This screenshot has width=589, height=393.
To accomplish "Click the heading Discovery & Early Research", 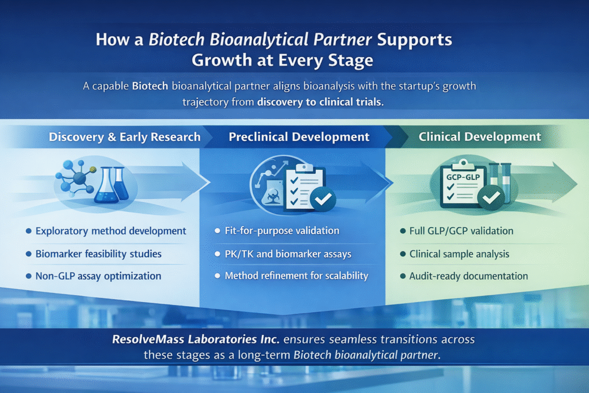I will coord(125,137).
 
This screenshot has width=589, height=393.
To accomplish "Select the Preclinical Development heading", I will coord(299,137).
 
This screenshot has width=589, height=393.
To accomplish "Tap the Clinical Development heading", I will coord(480,137).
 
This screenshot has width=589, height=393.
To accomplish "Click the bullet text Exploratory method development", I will coord(111,231).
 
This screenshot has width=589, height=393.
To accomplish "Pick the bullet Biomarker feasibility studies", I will coord(98,253).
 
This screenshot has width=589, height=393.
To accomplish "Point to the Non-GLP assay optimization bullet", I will coord(98,276).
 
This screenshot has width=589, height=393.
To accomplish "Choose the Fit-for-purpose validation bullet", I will coord(281,231).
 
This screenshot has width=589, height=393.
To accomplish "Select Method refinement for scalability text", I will coord(296,276).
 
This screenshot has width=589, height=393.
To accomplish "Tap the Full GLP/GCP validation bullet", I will coord(462,231).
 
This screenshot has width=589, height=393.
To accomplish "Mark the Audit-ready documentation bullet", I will coord(468,276).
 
